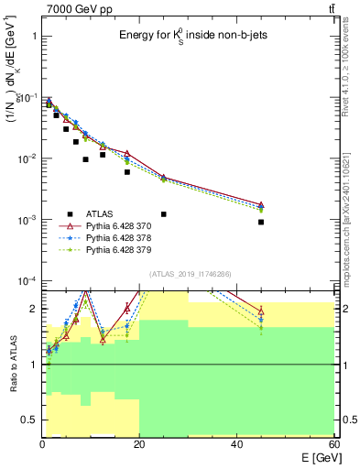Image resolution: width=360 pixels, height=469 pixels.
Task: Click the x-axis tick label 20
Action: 139,444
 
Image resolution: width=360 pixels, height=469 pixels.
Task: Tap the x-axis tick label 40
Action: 237,444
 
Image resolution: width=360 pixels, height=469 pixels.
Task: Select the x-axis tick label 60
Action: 333,444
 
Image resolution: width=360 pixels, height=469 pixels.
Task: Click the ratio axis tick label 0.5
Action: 27,420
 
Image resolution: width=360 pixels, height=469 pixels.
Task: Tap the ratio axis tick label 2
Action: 33,309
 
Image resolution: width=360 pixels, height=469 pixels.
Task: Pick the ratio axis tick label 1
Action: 33,365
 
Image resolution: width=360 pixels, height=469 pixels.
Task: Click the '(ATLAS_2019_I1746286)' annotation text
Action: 189,274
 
